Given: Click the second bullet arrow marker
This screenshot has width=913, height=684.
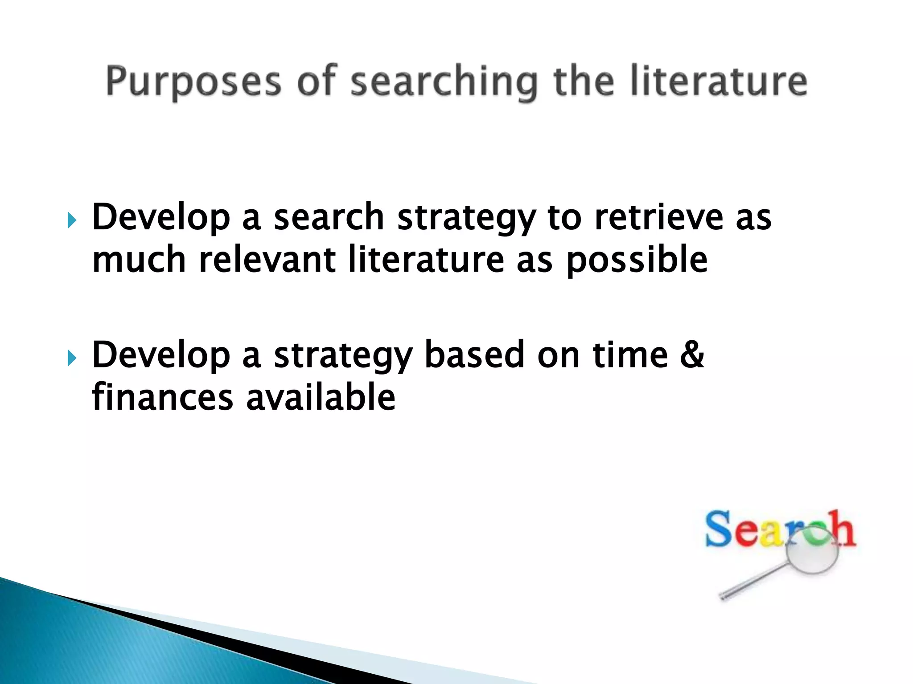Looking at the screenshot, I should click(72, 358).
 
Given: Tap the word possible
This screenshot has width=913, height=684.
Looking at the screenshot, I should click(637, 261).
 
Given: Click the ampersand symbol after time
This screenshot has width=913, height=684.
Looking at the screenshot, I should click(692, 355).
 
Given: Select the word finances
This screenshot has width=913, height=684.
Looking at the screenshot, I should click(163, 397).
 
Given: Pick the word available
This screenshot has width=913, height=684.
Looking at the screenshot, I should click(321, 397).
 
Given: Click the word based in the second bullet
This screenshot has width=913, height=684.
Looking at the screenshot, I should click(474, 355).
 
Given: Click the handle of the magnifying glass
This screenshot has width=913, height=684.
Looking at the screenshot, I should click(753, 582).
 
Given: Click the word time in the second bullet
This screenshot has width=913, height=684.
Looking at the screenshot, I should click(630, 355).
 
